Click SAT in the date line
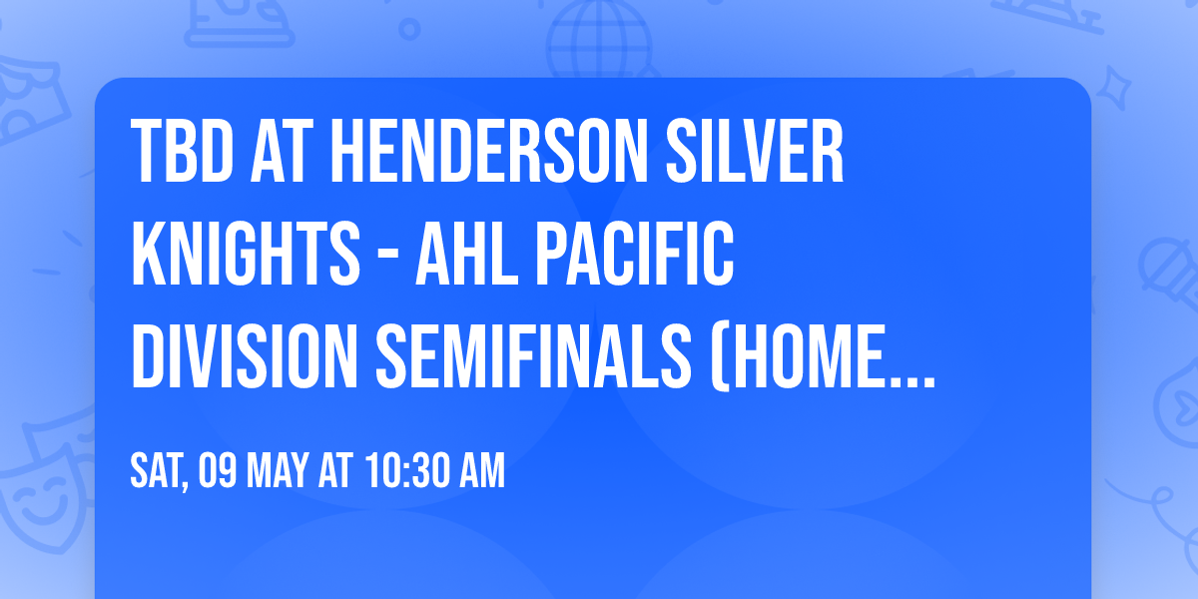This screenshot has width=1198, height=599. [157, 471]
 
